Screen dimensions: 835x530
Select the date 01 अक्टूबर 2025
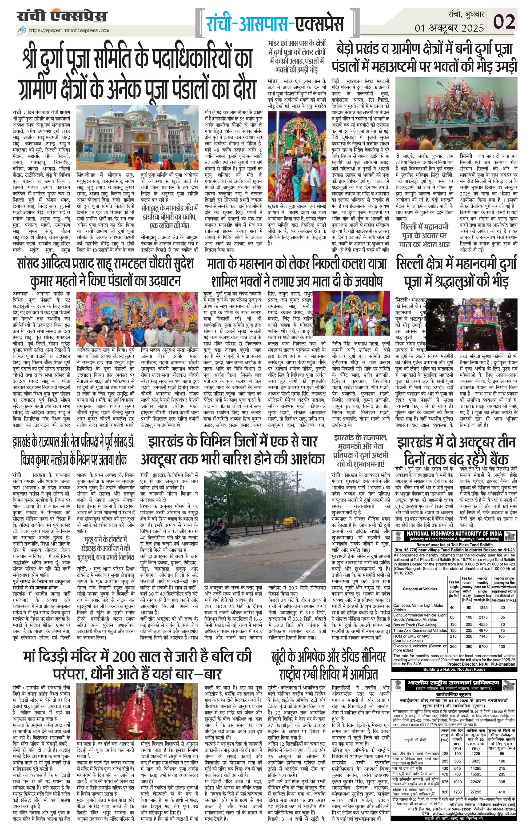449,28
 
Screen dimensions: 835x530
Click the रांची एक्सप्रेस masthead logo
62,17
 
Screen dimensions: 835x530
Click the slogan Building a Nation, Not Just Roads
455,669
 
